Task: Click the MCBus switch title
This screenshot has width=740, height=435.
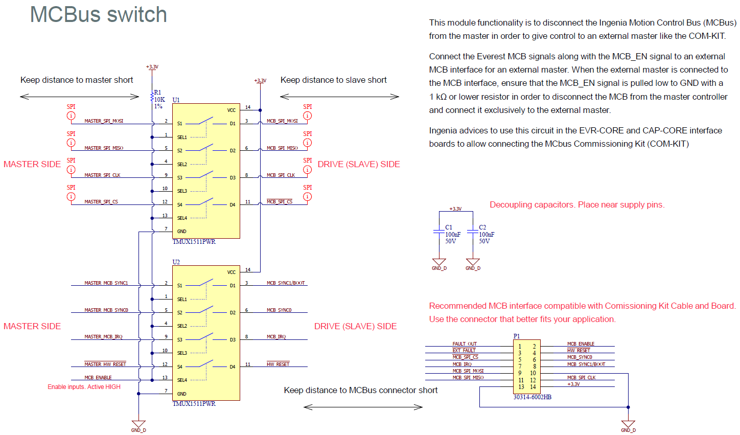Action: coord(98,14)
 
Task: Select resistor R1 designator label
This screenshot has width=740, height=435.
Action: coord(157,93)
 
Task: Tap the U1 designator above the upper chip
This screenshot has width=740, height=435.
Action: coord(176,100)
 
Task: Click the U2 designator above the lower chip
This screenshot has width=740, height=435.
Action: coord(176,262)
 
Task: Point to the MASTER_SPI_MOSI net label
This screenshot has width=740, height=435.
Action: coord(104,121)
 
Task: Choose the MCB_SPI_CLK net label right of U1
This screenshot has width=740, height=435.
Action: coord(281,175)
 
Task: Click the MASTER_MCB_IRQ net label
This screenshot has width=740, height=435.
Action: coord(103,337)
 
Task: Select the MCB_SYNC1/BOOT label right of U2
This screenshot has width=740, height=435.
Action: coord(286,283)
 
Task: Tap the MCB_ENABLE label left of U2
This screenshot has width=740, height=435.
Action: coord(98,378)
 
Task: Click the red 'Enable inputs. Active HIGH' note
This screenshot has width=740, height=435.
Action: coord(84,387)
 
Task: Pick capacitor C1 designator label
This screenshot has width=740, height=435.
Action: coord(449,227)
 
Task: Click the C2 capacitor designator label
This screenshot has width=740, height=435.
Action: coord(482,227)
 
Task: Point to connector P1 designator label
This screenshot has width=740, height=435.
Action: coord(517,336)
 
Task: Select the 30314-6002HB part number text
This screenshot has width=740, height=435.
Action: coord(532,397)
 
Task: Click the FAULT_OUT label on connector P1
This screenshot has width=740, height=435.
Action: coord(464,344)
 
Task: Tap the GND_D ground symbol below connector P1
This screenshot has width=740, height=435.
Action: coord(628,425)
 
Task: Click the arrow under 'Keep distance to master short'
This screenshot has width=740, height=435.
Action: coord(79,96)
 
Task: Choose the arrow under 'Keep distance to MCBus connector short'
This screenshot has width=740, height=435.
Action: coord(363,407)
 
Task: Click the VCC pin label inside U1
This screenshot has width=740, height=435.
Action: coord(232,110)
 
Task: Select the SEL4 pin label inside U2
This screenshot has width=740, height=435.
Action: coord(182,380)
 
